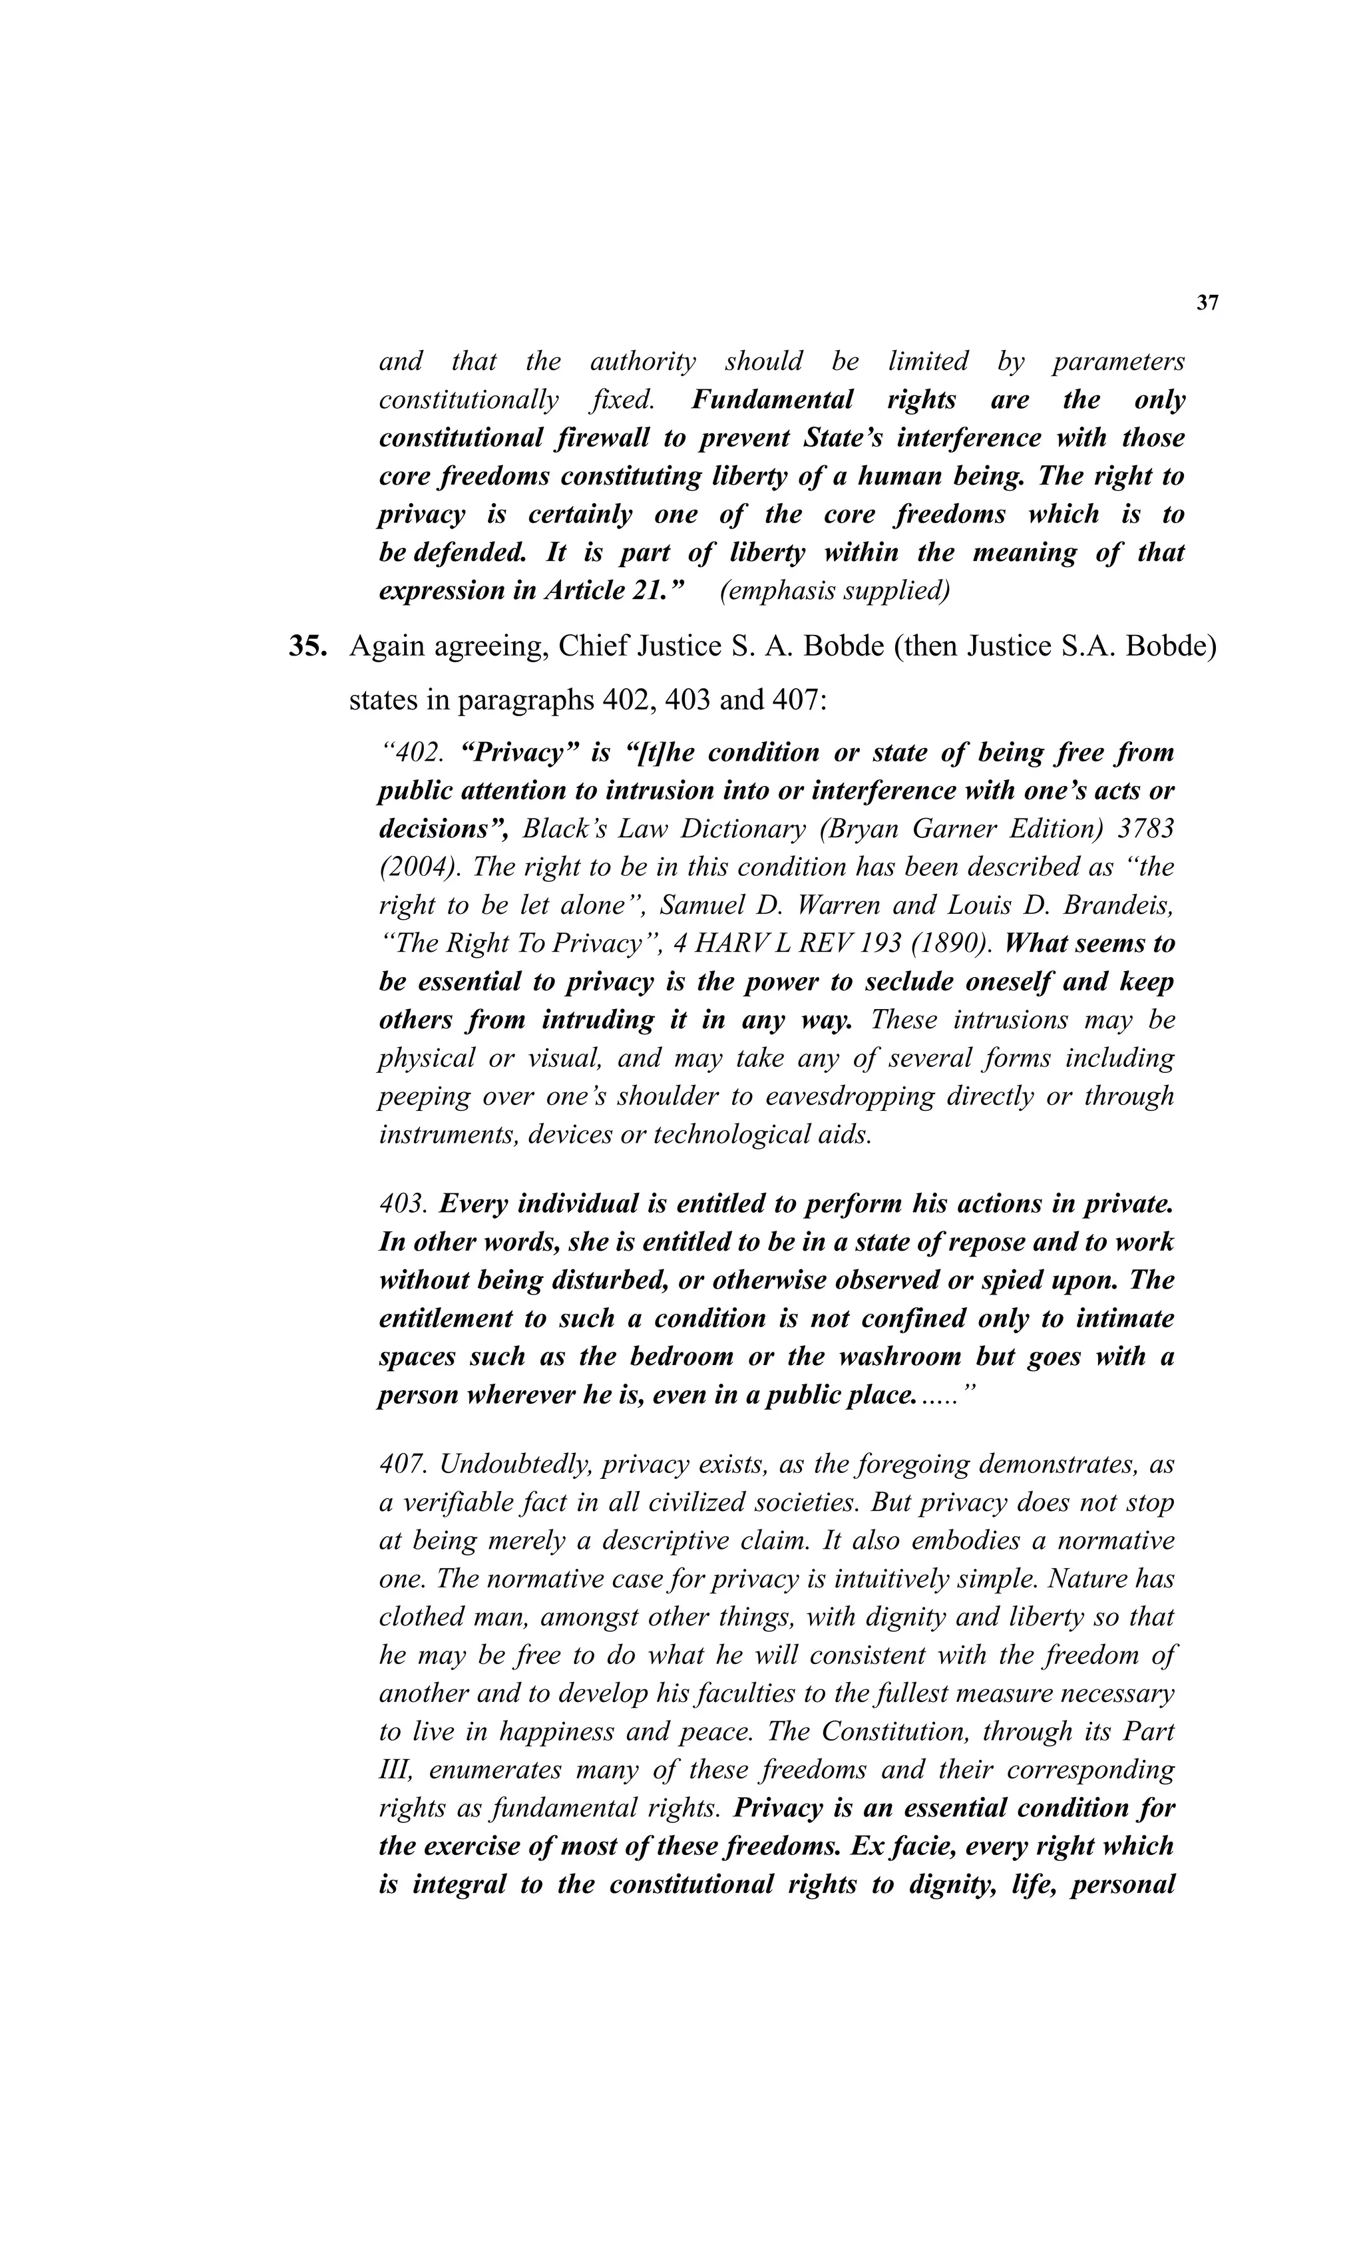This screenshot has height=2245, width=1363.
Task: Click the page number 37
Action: pos(1207,304)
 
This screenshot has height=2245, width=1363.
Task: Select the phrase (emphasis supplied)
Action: pos(835,590)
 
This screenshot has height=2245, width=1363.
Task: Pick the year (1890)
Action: pos(949,943)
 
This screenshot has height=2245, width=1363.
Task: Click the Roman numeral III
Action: pos(395,1770)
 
